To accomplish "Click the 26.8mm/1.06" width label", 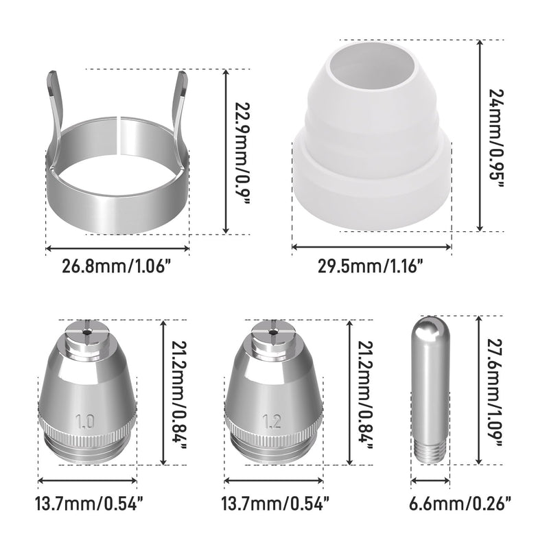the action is (x=113, y=266).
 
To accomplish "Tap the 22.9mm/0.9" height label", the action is (x=242, y=154).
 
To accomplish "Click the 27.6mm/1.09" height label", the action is (x=495, y=393).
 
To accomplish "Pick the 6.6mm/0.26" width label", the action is (x=460, y=504).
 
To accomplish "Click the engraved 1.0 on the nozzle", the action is (x=85, y=421).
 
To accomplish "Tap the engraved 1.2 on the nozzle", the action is (x=272, y=421).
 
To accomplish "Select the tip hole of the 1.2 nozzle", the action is (x=272, y=331).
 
